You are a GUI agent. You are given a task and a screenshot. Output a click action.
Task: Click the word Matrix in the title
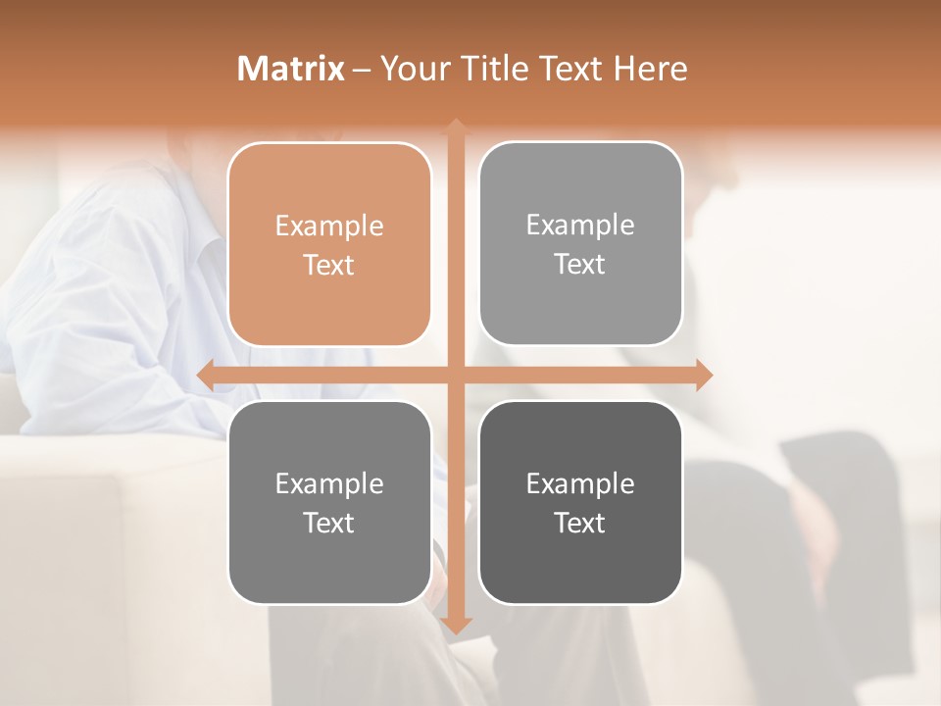point(290,69)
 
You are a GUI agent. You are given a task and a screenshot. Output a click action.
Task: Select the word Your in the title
point(415,69)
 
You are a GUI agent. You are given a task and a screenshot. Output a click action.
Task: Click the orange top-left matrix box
point(329,244)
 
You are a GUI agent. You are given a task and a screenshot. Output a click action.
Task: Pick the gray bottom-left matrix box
point(329,502)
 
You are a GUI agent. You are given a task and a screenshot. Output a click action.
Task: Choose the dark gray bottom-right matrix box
point(580,502)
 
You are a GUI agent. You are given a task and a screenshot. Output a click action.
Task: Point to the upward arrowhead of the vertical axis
point(456,128)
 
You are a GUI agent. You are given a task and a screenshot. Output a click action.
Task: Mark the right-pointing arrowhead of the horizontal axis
point(704,375)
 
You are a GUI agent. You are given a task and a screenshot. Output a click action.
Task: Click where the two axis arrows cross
point(456,375)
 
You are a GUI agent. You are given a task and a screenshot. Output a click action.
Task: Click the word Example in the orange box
point(329,226)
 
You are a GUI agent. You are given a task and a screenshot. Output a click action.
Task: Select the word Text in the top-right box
point(580,264)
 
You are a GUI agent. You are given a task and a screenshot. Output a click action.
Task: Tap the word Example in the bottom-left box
point(329,483)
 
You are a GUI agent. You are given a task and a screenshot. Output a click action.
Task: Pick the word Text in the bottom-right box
point(580,523)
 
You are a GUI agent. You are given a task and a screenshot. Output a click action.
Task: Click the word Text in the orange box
point(329,265)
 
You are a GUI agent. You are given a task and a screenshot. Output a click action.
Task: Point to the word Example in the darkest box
point(580,483)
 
